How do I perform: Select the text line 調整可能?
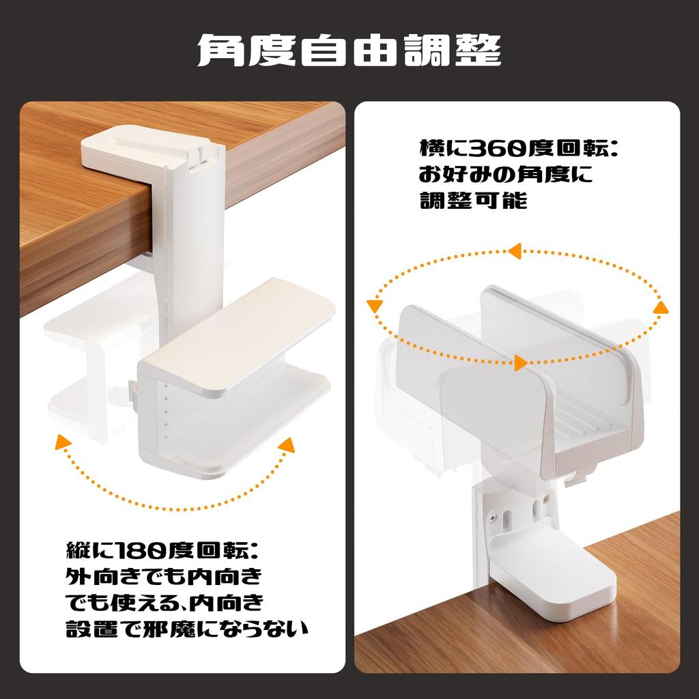point(473,201)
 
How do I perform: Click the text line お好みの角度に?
point(505,175)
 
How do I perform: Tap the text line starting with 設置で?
point(186,628)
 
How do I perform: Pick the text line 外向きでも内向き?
point(164,576)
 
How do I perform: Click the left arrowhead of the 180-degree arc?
point(63,442)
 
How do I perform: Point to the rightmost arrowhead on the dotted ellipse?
point(660,308)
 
